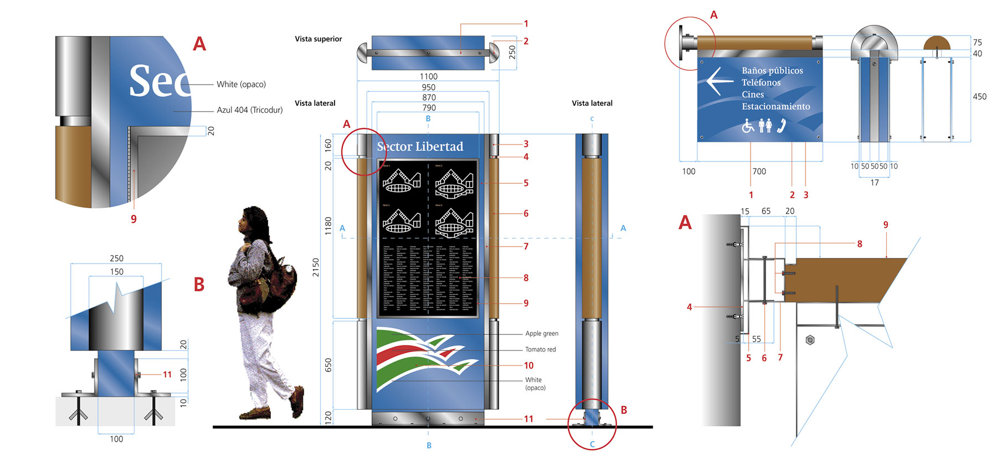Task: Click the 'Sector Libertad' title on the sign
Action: click(420, 147)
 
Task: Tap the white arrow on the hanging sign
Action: click(720, 81)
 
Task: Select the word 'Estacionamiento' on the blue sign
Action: click(775, 106)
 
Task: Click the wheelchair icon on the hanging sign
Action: click(748, 126)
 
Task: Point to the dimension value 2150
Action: click(316, 267)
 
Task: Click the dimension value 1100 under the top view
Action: click(428, 76)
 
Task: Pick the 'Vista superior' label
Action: click(318, 39)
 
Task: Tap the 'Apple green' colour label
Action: click(542, 333)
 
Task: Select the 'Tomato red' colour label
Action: click(540, 349)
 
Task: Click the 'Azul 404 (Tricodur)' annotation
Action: click(249, 110)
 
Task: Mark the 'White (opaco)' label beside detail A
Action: click(241, 84)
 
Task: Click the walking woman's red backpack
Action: click(280, 282)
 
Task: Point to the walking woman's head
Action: click(252, 220)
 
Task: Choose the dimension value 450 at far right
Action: click(979, 97)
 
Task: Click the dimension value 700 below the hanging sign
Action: click(759, 172)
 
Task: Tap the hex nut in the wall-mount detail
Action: click(810, 340)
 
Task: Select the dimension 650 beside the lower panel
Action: click(328, 365)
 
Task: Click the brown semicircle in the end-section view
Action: click(937, 43)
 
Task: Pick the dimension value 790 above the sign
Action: click(429, 108)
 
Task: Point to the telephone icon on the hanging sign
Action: click(782, 126)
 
